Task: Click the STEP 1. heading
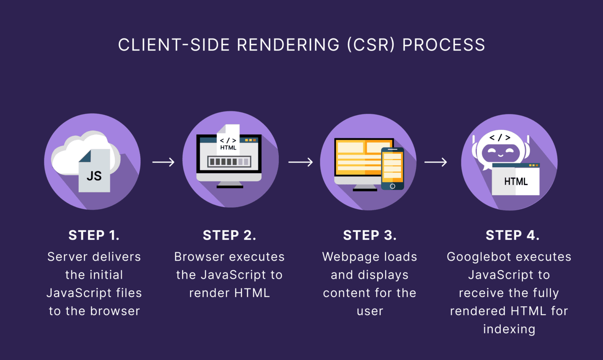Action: (x=94, y=235)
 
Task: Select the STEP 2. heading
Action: (x=229, y=235)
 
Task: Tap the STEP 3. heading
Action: (x=369, y=235)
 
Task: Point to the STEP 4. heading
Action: (x=512, y=235)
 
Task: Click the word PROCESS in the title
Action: (x=443, y=45)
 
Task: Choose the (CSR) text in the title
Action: (x=371, y=45)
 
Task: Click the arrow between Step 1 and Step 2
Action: (x=163, y=162)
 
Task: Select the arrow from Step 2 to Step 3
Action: (x=301, y=162)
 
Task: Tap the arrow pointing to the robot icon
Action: (x=436, y=162)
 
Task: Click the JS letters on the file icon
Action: (x=94, y=176)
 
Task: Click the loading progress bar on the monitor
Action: (x=229, y=161)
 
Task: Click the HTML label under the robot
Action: (x=515, y=181)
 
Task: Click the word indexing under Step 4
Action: (x=509, y=329)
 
